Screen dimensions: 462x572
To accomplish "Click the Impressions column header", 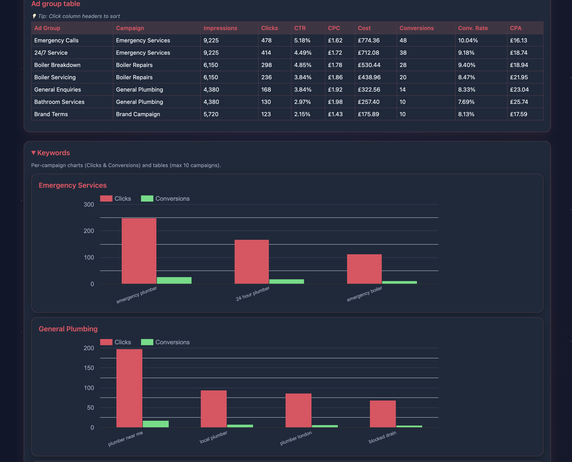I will pyautogui.click(x=220, y=28).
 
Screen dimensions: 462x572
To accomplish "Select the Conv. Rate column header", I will pyautogui.click(x=473, y=28).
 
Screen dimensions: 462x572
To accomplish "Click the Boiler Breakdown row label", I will pyautogui.click(x=57, y=65).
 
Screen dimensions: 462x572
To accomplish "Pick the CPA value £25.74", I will pyautogui.click(x=519, y=102).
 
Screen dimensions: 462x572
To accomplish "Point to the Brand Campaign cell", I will pyautogui.click(x=138, y=114).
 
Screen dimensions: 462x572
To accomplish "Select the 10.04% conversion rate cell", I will pyautogui.click(x=468, y=40).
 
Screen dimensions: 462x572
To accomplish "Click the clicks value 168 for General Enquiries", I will pyautogui.click(x=266, y=90).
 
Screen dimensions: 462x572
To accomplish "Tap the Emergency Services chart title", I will pyautogui.click(x=72, y=185).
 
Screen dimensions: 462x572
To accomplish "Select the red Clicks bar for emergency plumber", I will pyautogui.click(x=139, y=251).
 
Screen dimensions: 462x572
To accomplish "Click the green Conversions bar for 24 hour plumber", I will pyautogui.click(x=286, y=282).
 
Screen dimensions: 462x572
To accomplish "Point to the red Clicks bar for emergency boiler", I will pyautogui.click(x=364, y=269).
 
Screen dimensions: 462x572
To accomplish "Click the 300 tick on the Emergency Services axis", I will pyautogui.click(x=89, y=205).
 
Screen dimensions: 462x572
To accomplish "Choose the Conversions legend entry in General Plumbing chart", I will pyautogui.click(x=165, y=342).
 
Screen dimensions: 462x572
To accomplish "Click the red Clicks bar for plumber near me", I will pyautogui.click(x=129, y=388).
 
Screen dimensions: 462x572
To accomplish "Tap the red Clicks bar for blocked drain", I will pyautogui.click(x=382, y=414).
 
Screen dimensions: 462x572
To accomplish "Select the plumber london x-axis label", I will pyautogui.click(x=296, y=438).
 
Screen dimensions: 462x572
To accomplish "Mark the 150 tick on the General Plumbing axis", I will pyautogui.click(x=89, y=368).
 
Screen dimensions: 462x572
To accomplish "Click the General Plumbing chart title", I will pyautogui.click(x=68, y=329).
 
